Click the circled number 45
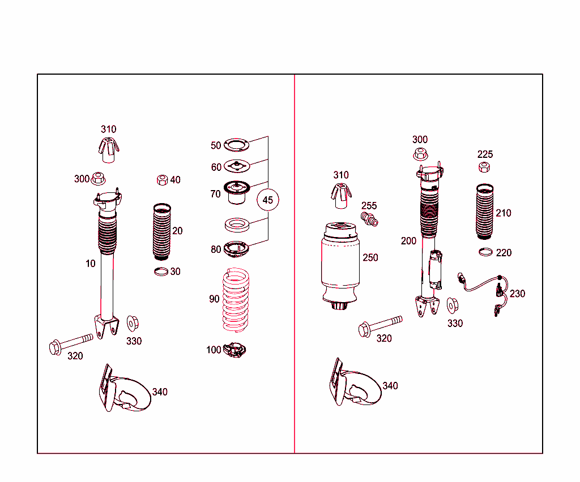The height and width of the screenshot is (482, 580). click(268, 200)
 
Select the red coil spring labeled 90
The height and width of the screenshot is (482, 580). click(236, 300)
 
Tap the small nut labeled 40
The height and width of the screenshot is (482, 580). click(163, 180)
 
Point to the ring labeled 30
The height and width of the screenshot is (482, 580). click(161, 272)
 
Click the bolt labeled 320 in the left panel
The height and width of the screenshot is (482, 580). click(71, 343)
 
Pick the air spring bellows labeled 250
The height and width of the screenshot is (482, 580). click(340, 265)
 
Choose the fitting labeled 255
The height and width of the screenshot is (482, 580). click(369, 219)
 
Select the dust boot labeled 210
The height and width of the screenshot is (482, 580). click(485, 211)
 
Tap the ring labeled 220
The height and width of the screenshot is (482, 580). click(485, 252)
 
